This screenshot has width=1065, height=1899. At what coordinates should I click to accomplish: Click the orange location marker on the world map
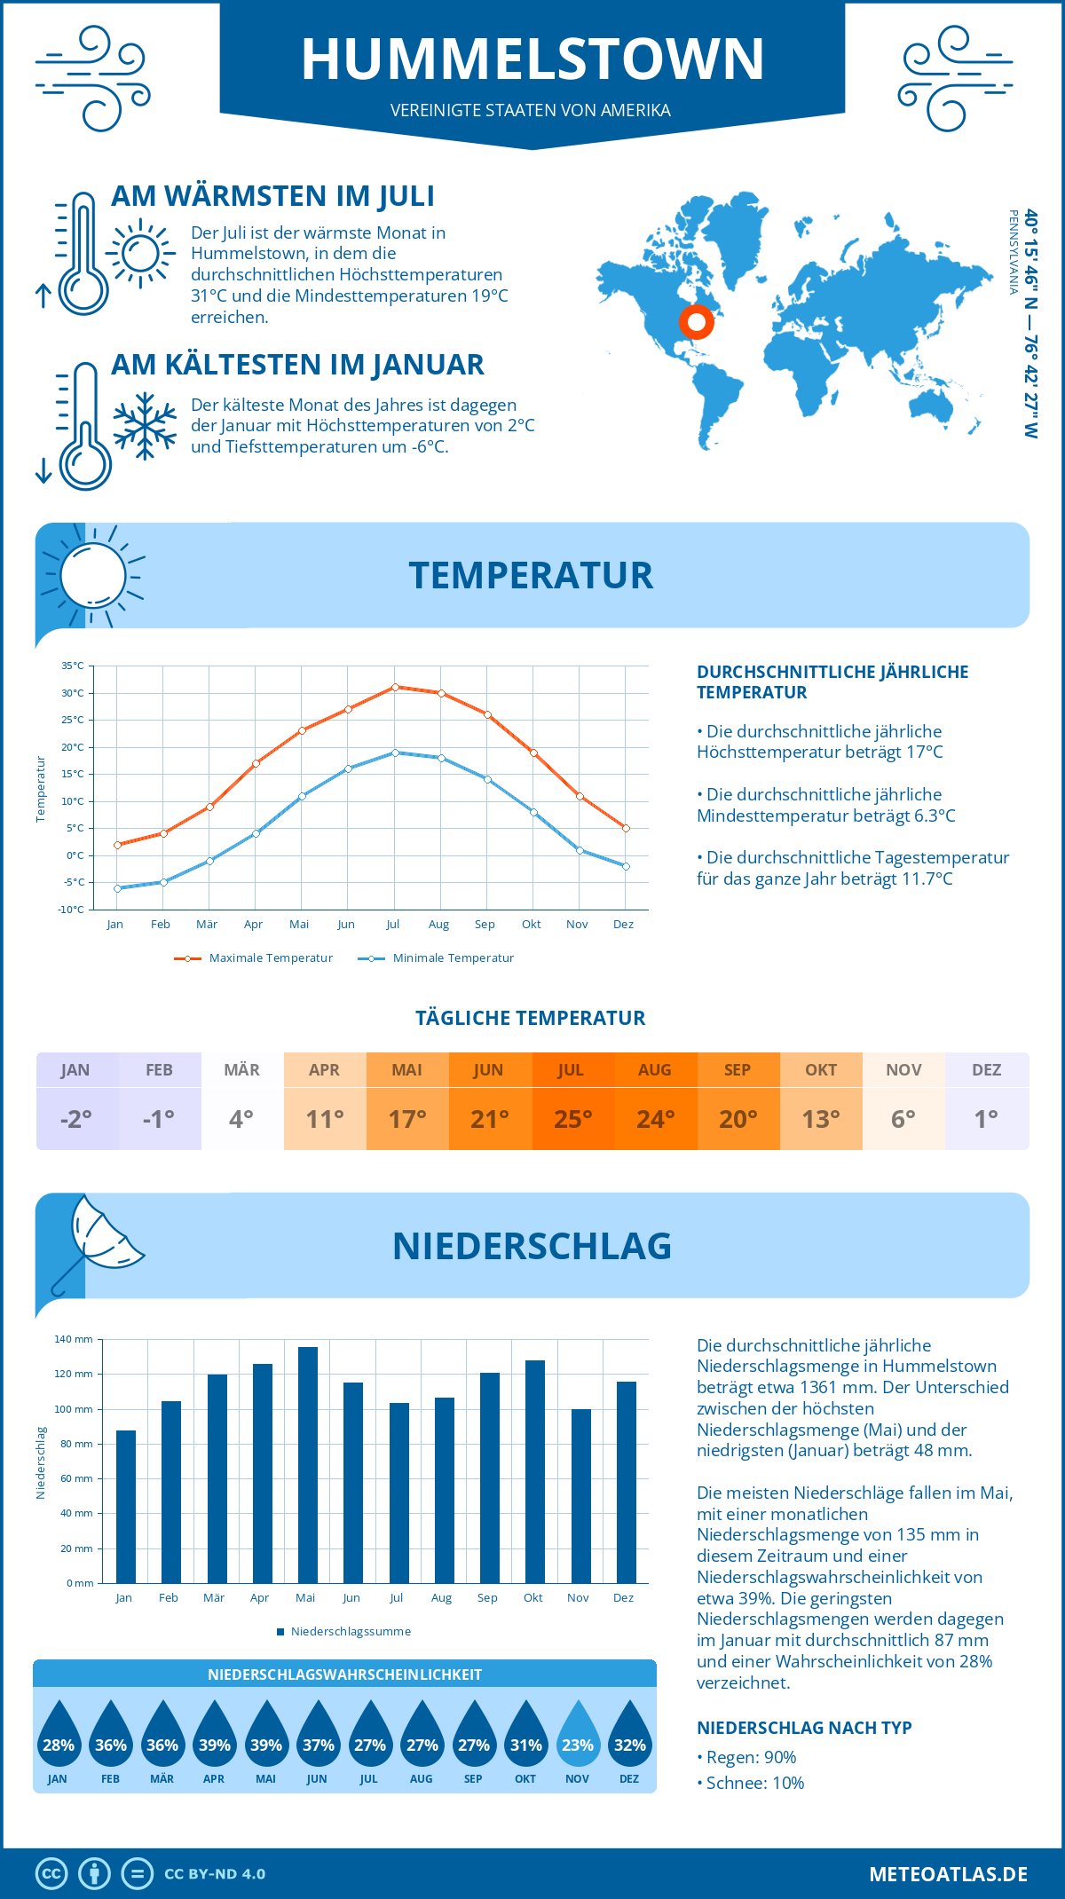697,321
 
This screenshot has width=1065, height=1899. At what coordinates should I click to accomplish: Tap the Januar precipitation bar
126,1506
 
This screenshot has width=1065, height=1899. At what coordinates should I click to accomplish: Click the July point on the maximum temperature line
395,687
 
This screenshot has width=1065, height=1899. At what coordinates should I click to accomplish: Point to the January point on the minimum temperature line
117,888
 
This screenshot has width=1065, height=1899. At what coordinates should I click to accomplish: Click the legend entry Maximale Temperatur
254,958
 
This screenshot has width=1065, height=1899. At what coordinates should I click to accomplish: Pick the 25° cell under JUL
572,1119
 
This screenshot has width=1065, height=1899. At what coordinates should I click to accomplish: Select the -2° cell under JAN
76,1119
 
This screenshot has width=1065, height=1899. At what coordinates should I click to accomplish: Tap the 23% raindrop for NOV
578,1738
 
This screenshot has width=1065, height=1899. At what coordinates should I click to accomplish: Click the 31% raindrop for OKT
525,1738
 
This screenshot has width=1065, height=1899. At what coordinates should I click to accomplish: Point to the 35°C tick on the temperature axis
73,666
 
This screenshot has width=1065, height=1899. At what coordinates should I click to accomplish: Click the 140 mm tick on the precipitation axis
74,1339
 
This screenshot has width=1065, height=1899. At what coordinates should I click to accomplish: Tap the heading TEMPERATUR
531,575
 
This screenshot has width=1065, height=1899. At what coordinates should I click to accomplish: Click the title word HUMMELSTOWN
532,59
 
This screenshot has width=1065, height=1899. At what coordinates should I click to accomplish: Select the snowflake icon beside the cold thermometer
145,426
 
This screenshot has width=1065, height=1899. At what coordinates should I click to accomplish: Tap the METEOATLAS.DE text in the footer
948,1874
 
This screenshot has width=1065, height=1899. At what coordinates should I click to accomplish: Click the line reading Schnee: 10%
754,1783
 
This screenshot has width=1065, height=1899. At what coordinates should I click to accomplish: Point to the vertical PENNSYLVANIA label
1013,252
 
